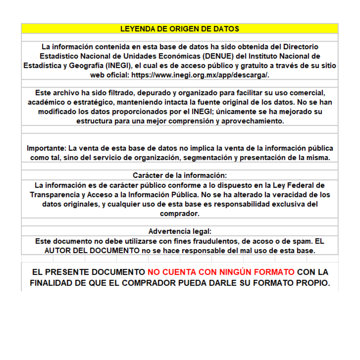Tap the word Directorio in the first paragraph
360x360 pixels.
301,47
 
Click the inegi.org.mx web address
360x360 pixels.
200,75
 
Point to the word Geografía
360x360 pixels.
85,66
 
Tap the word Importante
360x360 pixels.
46,148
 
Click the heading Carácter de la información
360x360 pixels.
180,175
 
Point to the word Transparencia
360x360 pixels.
55,195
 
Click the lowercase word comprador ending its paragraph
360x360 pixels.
179,214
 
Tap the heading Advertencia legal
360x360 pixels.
180,231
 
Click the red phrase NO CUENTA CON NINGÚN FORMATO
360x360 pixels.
221,272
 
